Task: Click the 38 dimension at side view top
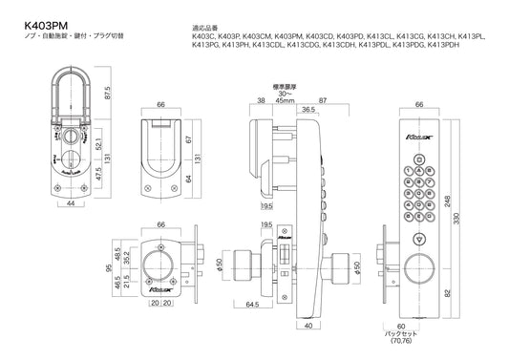262,99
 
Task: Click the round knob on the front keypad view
418,271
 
